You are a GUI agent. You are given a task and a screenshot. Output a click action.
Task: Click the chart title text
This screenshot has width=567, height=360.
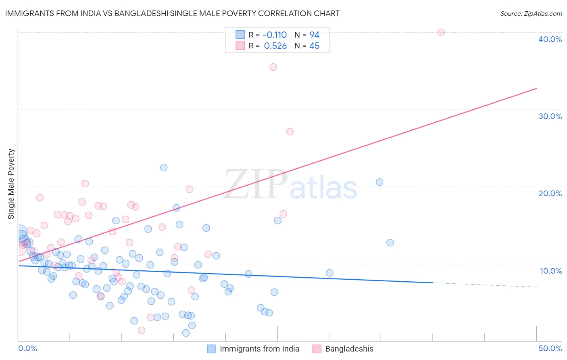point(172,13)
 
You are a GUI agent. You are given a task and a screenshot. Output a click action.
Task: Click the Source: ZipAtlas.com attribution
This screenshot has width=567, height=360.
point(531,13)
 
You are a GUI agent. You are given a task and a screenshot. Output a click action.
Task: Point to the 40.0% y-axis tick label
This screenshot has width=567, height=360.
point(550,39)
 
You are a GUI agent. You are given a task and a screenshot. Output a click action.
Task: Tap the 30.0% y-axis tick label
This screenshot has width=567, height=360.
point(550,116)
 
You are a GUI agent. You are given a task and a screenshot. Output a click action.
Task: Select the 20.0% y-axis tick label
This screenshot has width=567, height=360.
point(550,193)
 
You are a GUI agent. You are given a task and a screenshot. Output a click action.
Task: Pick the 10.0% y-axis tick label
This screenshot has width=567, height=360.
point(551,271)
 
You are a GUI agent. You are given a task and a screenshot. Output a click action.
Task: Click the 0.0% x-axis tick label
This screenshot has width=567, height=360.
point(27,348)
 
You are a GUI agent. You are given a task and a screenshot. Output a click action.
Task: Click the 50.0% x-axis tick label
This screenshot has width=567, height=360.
point(550,348)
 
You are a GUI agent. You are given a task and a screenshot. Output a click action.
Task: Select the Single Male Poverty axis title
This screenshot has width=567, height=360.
point(11,184)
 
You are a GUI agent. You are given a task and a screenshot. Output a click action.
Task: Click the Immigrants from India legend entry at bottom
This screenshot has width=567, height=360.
point(259,349)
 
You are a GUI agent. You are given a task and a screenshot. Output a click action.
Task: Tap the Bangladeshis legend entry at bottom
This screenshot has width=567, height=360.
point(349,349)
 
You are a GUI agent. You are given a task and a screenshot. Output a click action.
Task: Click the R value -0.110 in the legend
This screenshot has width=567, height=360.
point(275,35)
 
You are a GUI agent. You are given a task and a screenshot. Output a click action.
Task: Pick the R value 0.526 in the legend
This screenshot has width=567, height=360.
point(275,46)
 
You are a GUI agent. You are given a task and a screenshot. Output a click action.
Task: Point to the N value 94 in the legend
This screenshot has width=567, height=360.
point(314,35)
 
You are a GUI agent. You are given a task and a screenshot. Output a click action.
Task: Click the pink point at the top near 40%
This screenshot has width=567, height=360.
point(441,32)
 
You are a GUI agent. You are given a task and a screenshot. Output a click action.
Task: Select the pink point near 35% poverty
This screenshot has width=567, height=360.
point(273,67)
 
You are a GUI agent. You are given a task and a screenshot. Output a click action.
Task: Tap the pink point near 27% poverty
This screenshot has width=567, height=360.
point(290,132)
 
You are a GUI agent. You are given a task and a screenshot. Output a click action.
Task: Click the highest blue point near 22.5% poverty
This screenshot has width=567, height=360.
point(164,167)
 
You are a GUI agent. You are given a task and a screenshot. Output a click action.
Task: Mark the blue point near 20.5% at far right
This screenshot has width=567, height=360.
point(379,182)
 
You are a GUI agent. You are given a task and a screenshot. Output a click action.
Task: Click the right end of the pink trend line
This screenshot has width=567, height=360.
point(536,88)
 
